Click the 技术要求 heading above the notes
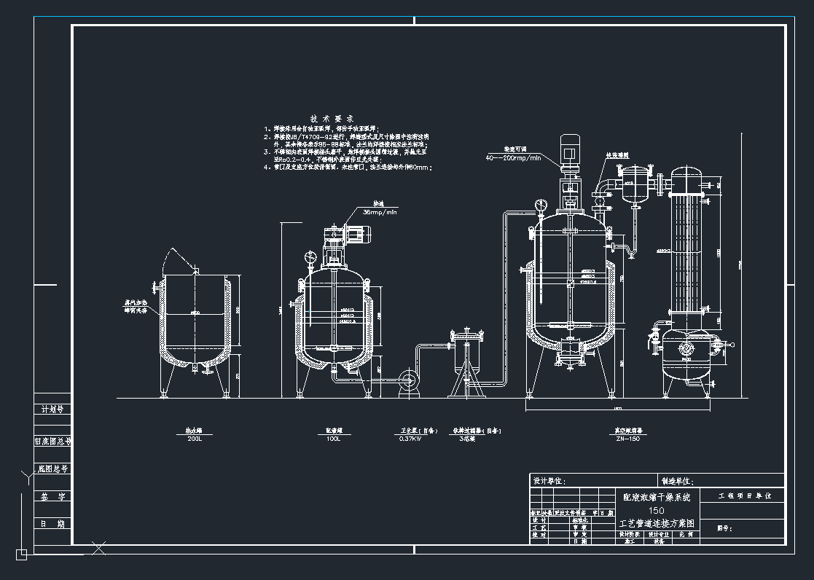(332, 118)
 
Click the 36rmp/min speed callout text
(379, 212)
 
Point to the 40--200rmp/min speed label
(514, 157)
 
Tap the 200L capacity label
(194, 439)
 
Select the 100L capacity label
(334, 439)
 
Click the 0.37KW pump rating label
(410, 439)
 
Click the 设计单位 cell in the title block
(549, 481)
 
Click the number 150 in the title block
(656, 510)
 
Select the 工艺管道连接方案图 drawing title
(656, 523)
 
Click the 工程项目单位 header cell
(740, 495)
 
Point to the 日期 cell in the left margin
(52, 524)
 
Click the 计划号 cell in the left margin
(52, 409)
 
